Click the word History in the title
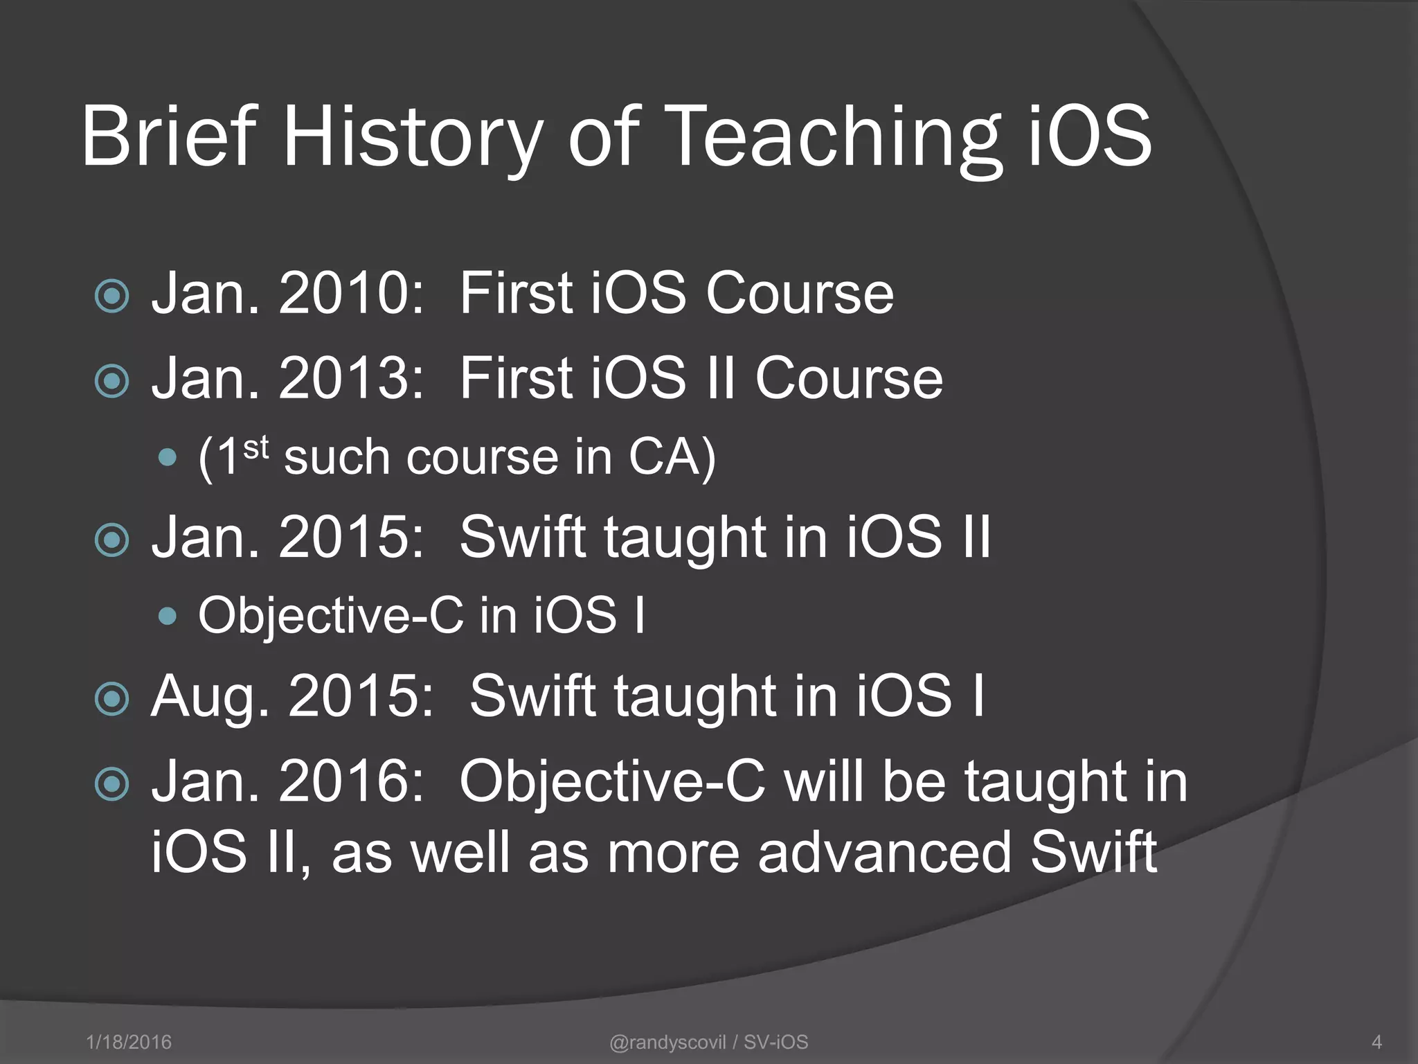pos(413,136)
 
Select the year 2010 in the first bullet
pos(350,294)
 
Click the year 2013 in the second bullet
pos(350,379)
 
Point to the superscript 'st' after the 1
pos(255,448)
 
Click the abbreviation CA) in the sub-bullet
pos(672,458)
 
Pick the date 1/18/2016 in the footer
pos(129,1042)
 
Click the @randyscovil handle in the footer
pos(667,1042)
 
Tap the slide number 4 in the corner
pos(1376,1042)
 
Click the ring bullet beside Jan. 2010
pos(112,296)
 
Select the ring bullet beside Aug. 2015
pos(112,699)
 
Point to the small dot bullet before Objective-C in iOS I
pos(168,616)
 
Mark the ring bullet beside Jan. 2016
pos(112,785)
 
